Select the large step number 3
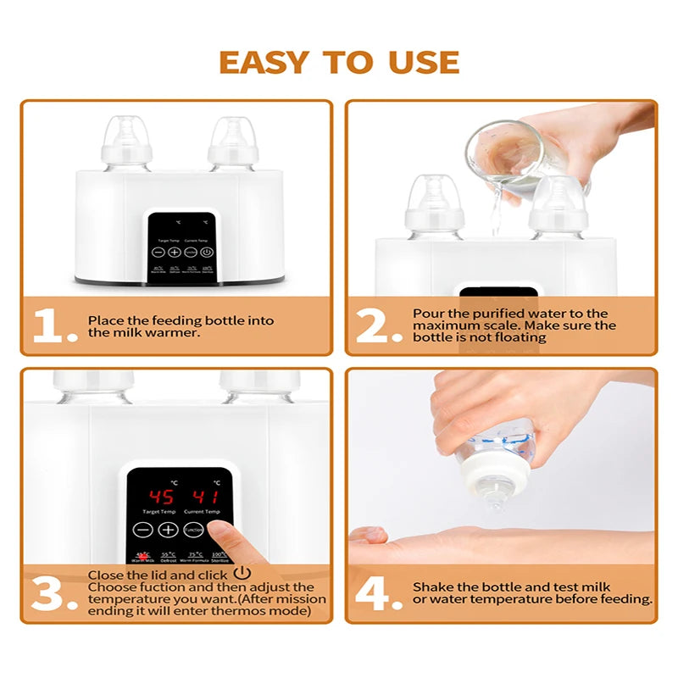coord(53,593)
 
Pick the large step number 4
coord(379,593)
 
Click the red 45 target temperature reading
coord(161,497)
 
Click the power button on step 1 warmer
coord(207,252)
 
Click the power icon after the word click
coord(242,574)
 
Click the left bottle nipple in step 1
coord(127,133)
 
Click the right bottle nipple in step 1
coord(233,133)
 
